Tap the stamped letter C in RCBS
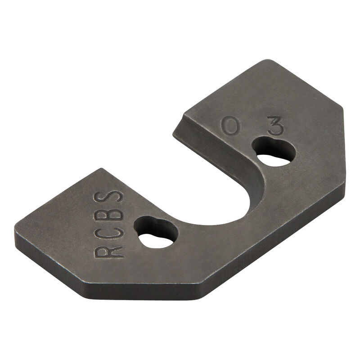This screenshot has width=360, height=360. click(x=109, y=233)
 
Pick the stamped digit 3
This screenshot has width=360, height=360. click(x=275, y=126)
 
